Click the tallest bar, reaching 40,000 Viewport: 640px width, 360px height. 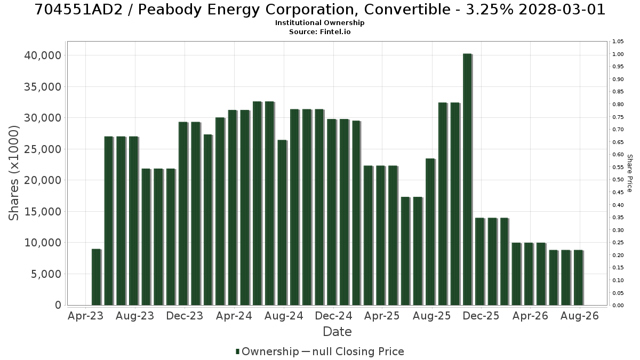tap(467, 179)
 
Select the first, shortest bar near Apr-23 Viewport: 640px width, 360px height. tap(97, 277)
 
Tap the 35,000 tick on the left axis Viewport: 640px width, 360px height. tap(43, 87)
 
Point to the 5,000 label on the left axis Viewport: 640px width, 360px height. tap(46, 274)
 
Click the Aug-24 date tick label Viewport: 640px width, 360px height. tap(284, 316)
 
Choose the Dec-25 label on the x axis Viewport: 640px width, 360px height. tap(481, 316)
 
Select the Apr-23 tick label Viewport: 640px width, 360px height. tap(85, 316)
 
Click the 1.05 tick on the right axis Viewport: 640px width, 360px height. tap(618, 42)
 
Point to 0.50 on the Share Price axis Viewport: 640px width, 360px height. tap(618, 180)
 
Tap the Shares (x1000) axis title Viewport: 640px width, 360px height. tap(13, 173)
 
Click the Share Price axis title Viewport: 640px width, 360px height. tap(629, 173)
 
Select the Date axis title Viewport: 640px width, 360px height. tap(337, 332)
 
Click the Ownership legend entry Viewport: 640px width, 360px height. tap(267, 351)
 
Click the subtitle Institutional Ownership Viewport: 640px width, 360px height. tap(319, 23)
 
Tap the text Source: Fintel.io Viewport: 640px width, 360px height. tap(319, 31)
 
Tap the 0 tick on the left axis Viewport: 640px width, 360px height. tap(58, 306)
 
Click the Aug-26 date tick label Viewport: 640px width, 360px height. tap(579, 316)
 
